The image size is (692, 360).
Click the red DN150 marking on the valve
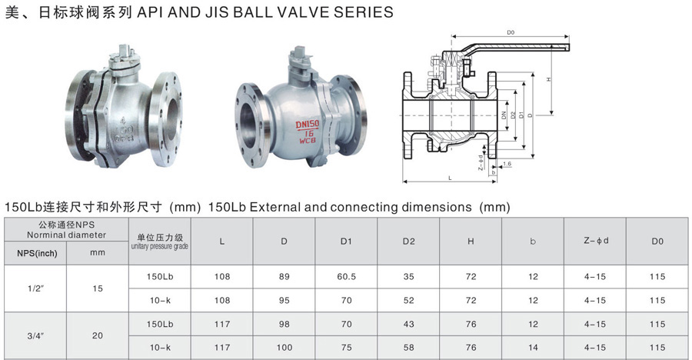[x=307, y=125]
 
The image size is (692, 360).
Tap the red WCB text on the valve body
[x=308, y=142]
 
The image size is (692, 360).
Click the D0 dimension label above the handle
[x=511, y=32]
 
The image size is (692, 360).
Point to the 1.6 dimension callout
[x=507, y=164]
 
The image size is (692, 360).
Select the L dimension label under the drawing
[x=450, y=178]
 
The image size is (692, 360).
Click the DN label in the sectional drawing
[x=504, y=115]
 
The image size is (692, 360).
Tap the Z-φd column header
[x=596, y=241]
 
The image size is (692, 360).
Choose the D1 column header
[x=346, y=242]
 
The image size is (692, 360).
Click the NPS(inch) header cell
[x=37, y=254]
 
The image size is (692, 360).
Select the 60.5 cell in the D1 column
[x=347, y=276]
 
